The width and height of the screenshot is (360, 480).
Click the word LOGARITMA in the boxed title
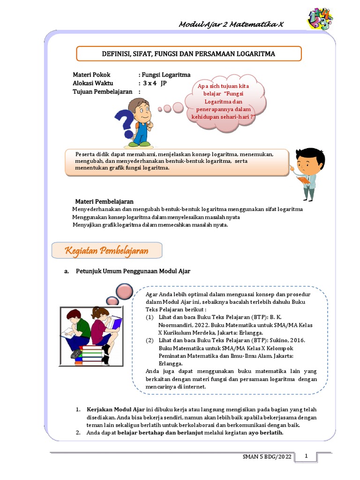[256, 54]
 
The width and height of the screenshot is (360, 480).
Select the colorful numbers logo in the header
[320, 19]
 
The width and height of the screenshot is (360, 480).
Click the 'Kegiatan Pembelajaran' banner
[107, 251]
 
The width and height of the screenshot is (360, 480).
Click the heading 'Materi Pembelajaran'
[105, 201]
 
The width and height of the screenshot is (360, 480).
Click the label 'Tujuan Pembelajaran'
[102, 92]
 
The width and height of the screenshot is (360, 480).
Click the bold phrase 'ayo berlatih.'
[266, 432]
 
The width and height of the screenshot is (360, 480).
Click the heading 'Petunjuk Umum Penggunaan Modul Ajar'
[133, 271]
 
